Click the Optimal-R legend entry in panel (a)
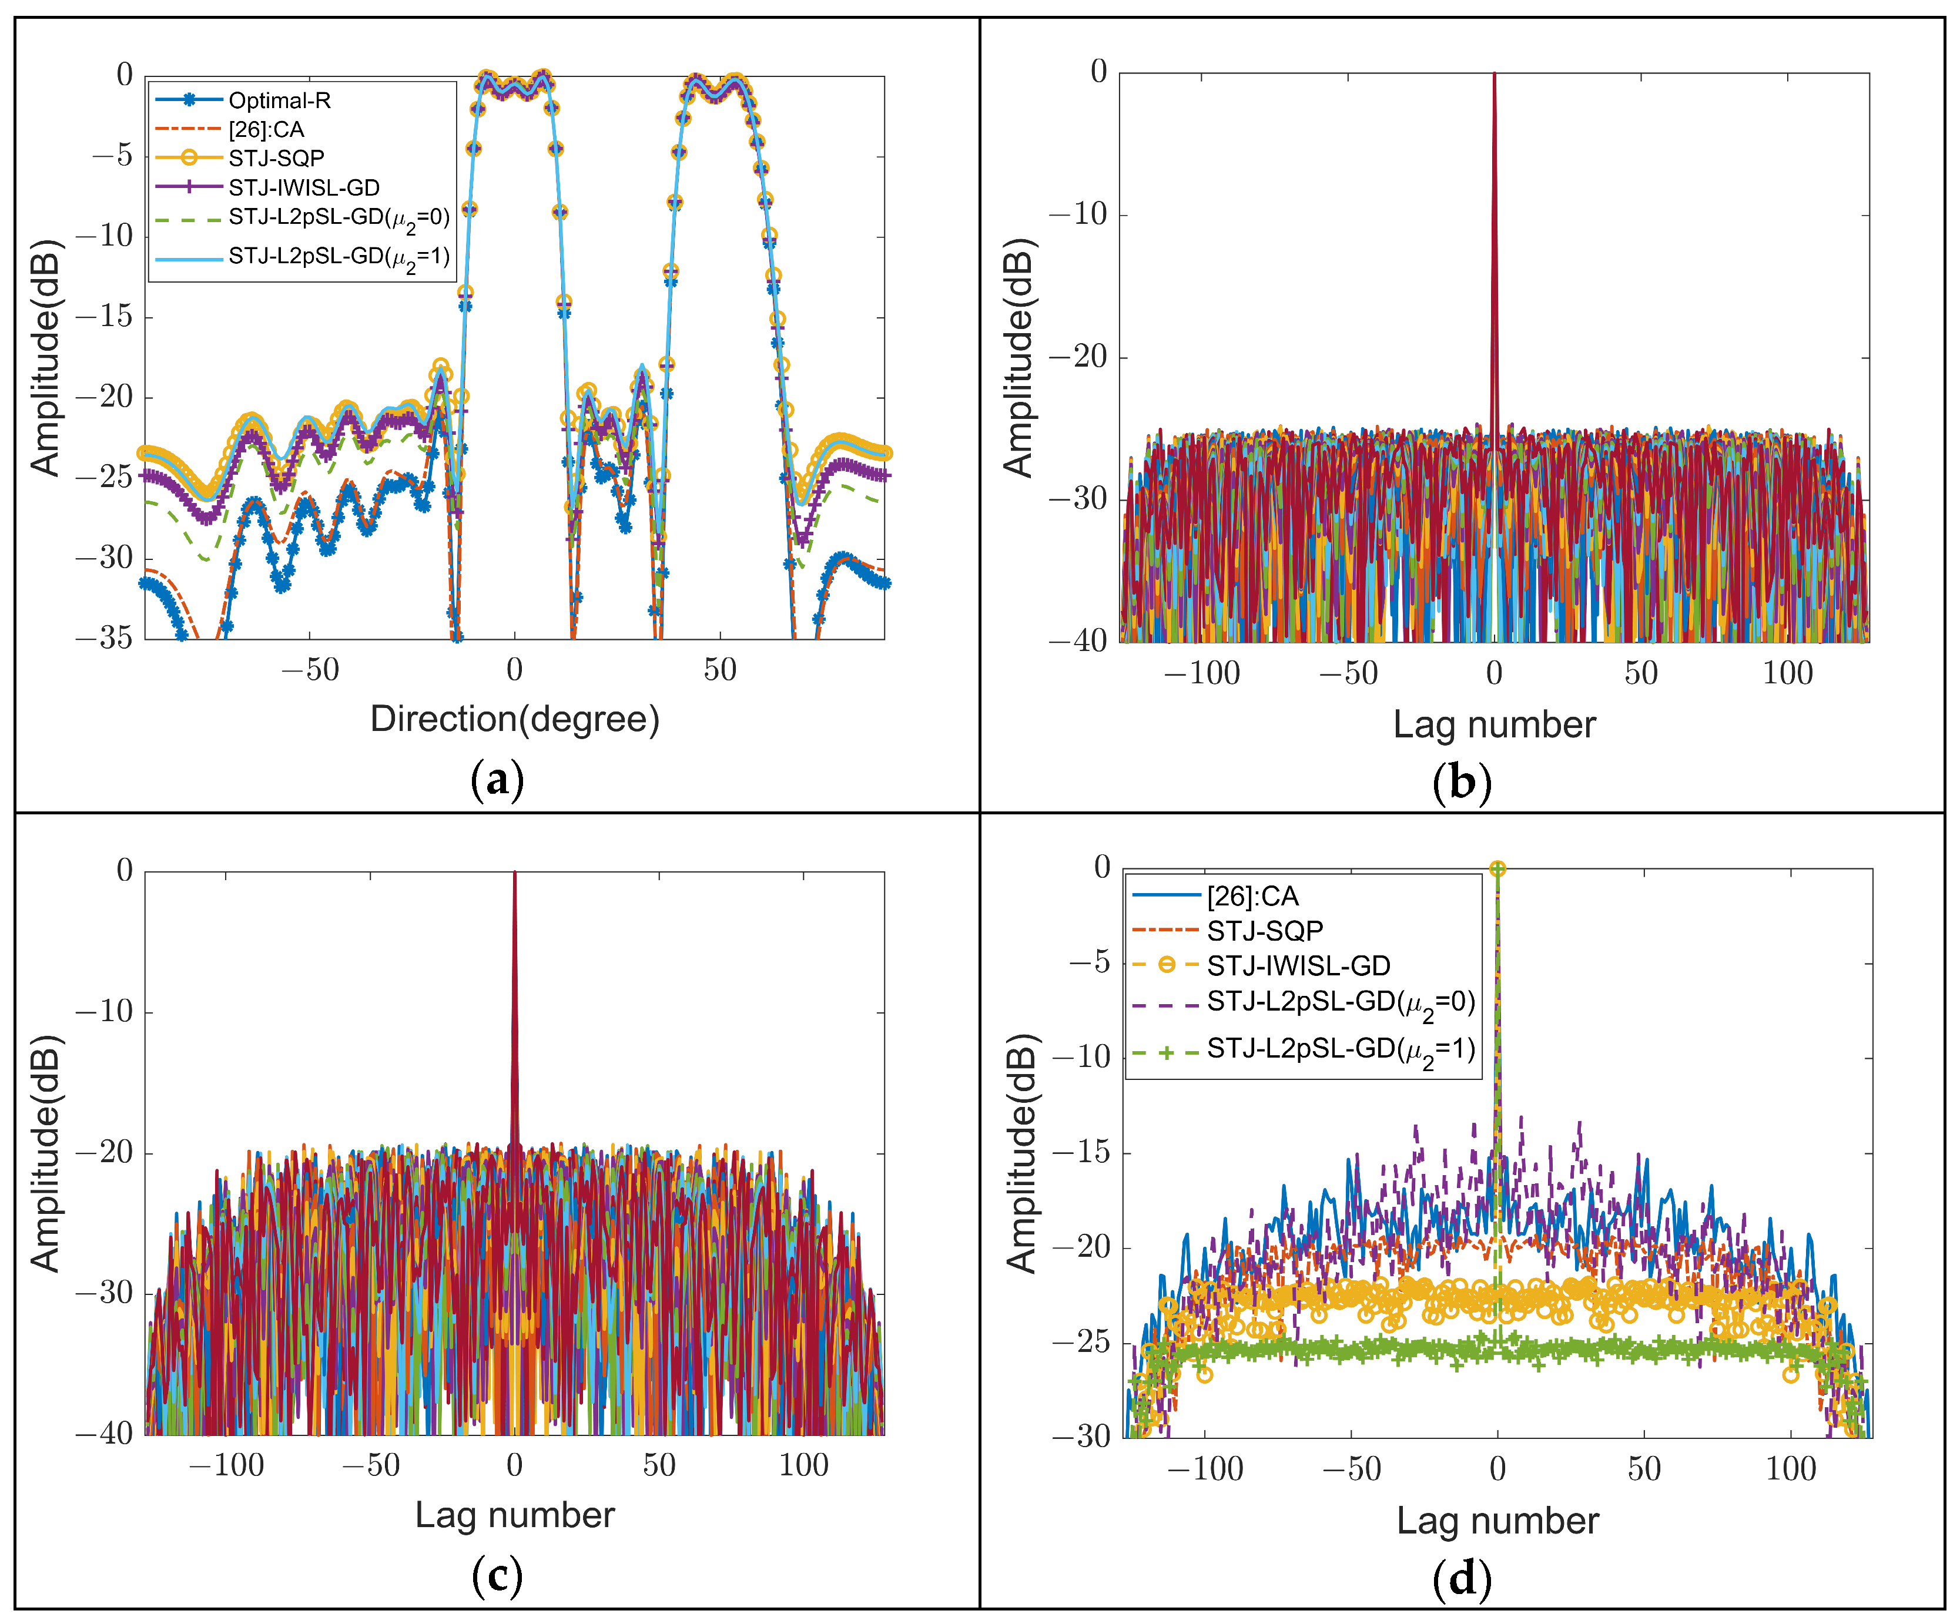pos(279,100)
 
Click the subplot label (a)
pos(497,779)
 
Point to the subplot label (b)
pos(1462,782)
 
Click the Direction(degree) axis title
pos(514,719)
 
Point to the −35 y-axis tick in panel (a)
pos(105,639)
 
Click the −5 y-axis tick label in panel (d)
pos(1089,962)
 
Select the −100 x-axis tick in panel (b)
pos(1202,673)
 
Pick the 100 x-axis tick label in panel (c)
pos(803,1465)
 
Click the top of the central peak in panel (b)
pos(1495,75)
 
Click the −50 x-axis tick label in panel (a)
pos(310,670)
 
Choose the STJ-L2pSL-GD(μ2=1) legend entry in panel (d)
pos(1341,1050)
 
